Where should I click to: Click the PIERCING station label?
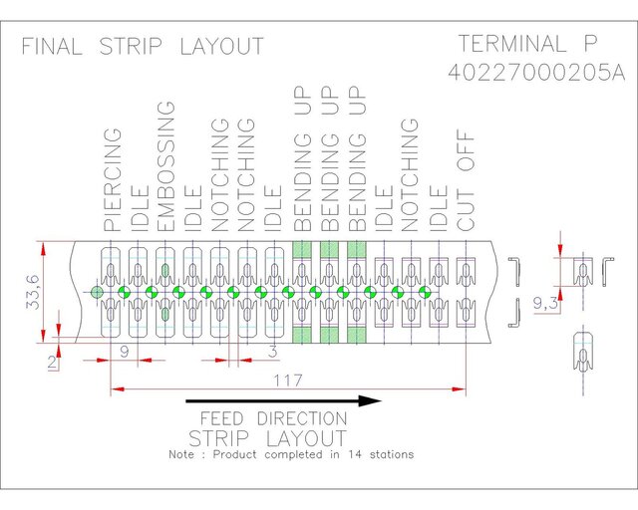113,179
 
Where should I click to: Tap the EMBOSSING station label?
165,166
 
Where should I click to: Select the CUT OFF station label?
466,180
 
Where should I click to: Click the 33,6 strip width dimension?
33,292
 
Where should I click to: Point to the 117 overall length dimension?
288,381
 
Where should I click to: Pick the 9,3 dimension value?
545,303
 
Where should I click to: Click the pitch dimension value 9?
125,352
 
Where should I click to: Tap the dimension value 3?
272,352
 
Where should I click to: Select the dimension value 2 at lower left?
52,362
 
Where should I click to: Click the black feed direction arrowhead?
370,401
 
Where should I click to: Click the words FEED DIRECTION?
273,418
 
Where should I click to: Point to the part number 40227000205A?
536,73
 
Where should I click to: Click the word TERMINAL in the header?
512,43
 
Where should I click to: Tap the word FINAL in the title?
52,46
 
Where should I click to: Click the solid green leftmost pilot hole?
97,292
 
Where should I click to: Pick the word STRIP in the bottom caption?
219,438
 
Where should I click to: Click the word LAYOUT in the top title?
221,46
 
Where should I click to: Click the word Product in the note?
235,454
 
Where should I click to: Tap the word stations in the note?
392,454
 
